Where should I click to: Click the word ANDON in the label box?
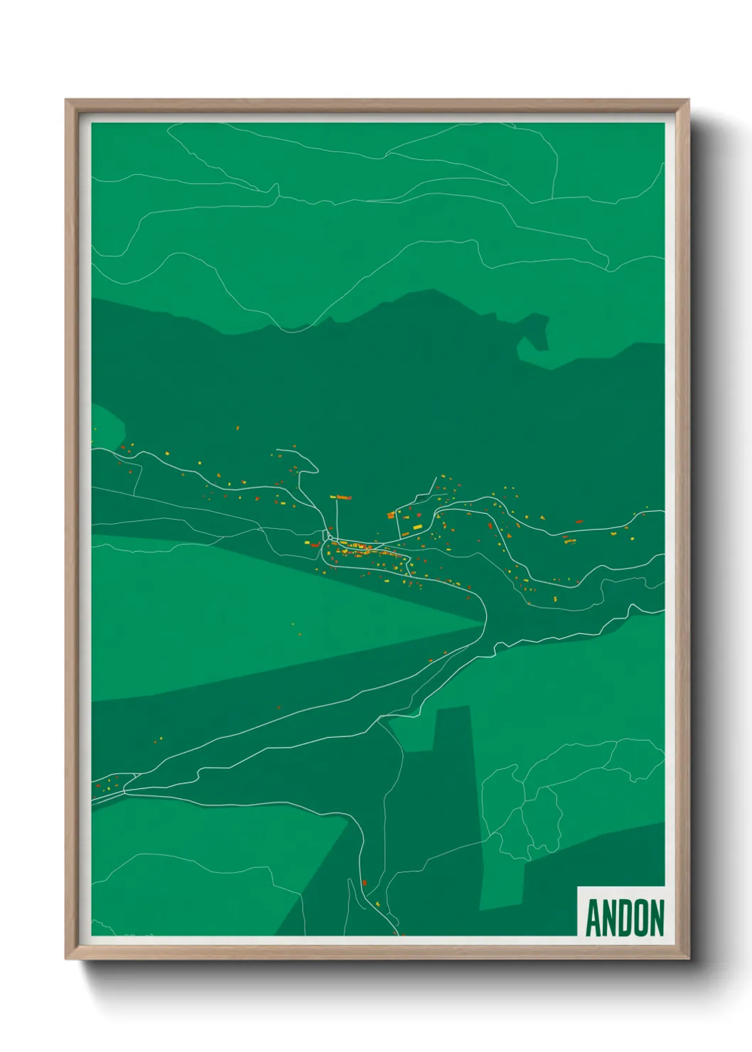(625, 918)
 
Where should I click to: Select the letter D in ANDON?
(625, 918)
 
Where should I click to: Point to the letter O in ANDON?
(641, 918)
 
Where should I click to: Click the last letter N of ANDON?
(657, 918)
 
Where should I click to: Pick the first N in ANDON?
(610, 918)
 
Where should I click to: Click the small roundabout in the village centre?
(329, 537)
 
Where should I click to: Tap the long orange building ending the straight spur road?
(343, 498)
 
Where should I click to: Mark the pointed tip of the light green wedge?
(483, 625)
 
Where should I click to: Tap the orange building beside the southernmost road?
(365, 882)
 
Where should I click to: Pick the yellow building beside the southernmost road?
(377, 903)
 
